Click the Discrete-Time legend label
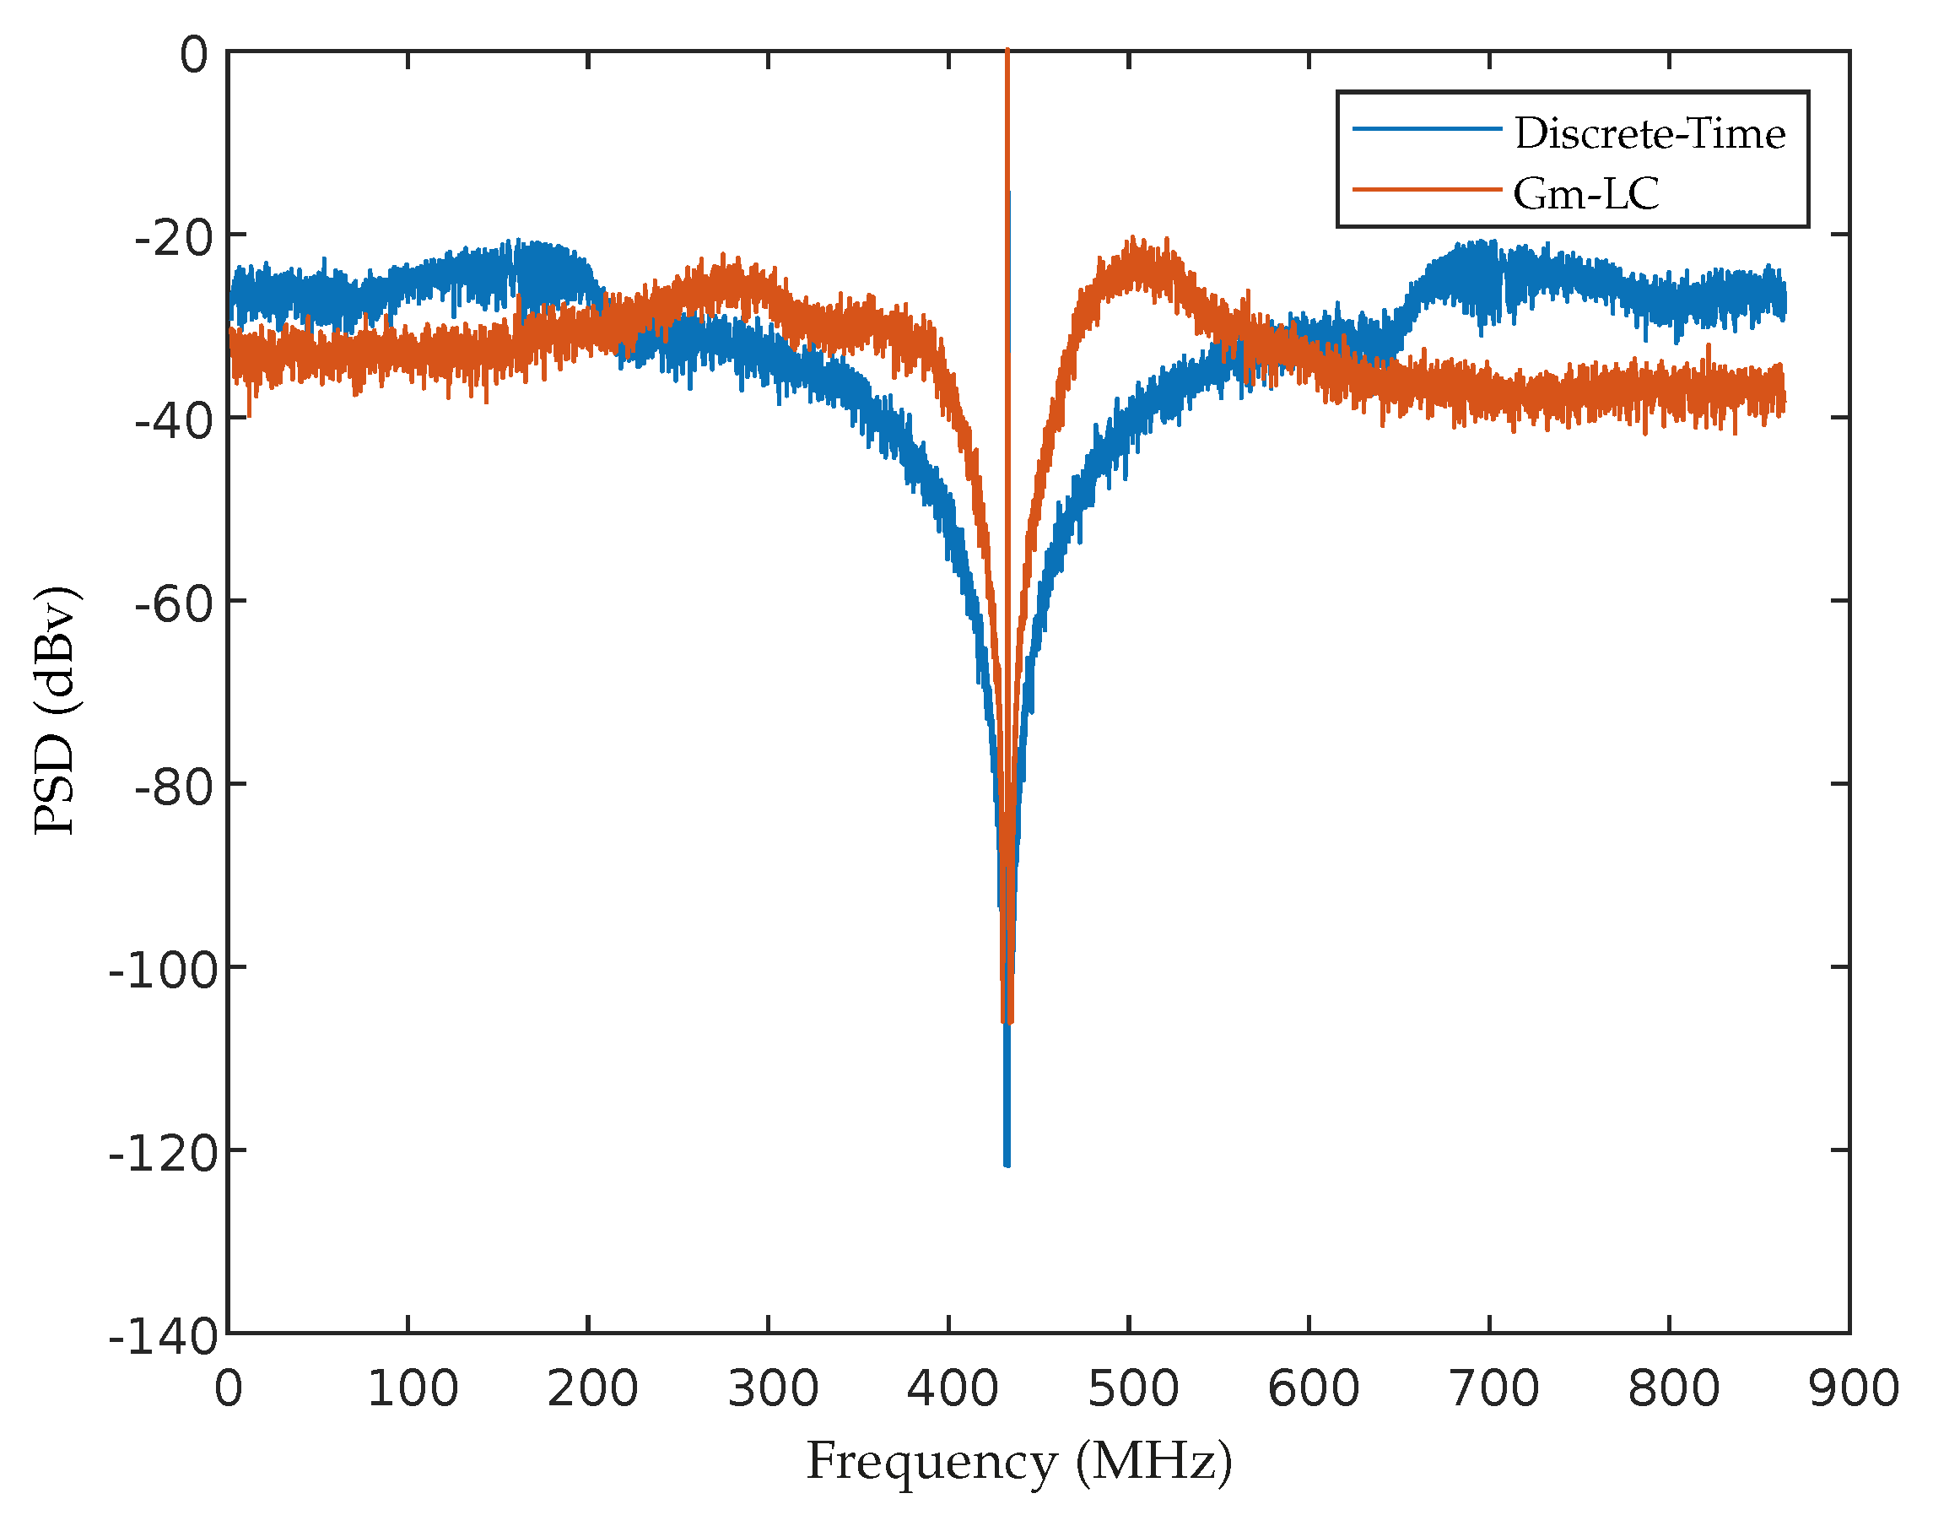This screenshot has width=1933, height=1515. click(1650, 134)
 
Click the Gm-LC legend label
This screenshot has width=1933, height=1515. click(1585, 194)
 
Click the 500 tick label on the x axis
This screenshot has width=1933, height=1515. click(1132, 1389)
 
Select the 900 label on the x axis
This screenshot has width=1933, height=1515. click(1853, 1389)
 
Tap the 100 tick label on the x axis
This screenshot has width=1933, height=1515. click(413, 1389)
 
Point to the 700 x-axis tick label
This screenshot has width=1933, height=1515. click(1493, 1389)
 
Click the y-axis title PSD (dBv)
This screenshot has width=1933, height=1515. click(55, 710)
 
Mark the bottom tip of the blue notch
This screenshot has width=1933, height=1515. click(1007, 1164)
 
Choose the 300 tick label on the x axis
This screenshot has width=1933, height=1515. click(772, 1389)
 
